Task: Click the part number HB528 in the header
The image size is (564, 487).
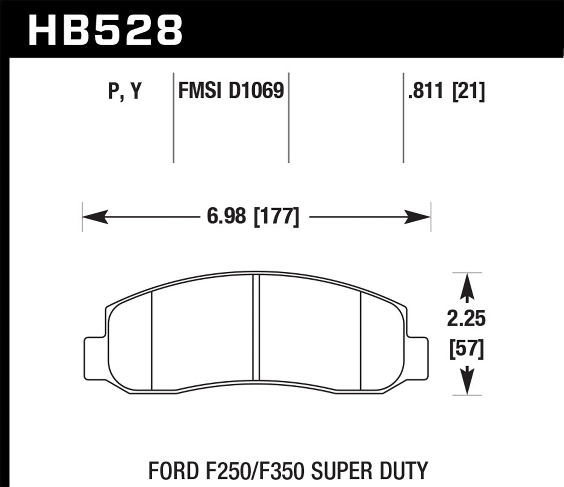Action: (x=105, y=30)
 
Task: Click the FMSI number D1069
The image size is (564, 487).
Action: (x=256, y=91)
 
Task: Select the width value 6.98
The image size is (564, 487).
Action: (x=226, y=217)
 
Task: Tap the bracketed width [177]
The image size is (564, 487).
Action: (x=277, y=217)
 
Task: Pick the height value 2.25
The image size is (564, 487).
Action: (x=466, y=319)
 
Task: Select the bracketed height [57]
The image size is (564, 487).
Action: (x=466, y=349)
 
